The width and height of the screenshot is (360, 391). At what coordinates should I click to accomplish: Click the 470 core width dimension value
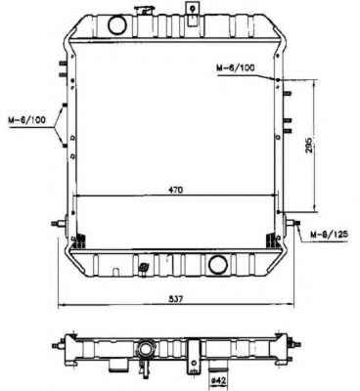[x=176, y=190]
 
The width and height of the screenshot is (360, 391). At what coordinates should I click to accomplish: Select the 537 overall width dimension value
[x=175, y=299]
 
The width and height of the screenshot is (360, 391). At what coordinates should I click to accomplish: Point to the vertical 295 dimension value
[x=308, y=145]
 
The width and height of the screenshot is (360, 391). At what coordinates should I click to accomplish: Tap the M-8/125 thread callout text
[x=330, y=234]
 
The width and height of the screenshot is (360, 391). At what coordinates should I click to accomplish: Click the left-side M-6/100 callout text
[x=26, y=120]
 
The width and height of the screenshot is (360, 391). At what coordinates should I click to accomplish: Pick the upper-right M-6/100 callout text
[x=236, y=67]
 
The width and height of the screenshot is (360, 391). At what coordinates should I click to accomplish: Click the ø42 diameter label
[x=219, y=380]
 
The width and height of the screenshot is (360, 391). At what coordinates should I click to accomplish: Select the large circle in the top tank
[x=116, y=25]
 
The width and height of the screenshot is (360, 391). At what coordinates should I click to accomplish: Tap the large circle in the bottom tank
[x=218, y=264]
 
